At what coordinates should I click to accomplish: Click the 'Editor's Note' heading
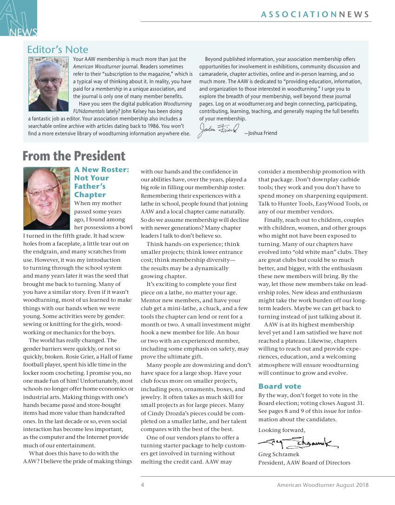(x=58, y=50)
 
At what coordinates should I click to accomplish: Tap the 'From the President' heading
(x=74, y=156)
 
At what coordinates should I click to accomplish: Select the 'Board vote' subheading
(x=280, y=386)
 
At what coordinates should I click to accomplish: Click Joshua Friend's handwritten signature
(x=218, y=131)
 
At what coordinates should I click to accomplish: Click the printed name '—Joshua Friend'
(x=260, y=133)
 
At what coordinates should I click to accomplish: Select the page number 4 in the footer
(x=143, y=485)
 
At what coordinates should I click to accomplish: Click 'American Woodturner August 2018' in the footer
(x=323, y=485)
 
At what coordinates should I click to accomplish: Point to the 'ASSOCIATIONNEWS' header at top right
(x=315, y=14)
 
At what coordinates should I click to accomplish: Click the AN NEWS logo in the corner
(x=19, y=18)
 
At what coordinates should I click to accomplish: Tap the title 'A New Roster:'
(x=102, y=170)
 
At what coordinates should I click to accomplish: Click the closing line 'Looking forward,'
(x=282, y=430)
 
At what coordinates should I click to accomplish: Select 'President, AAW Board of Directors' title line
(x=304, y=463)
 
